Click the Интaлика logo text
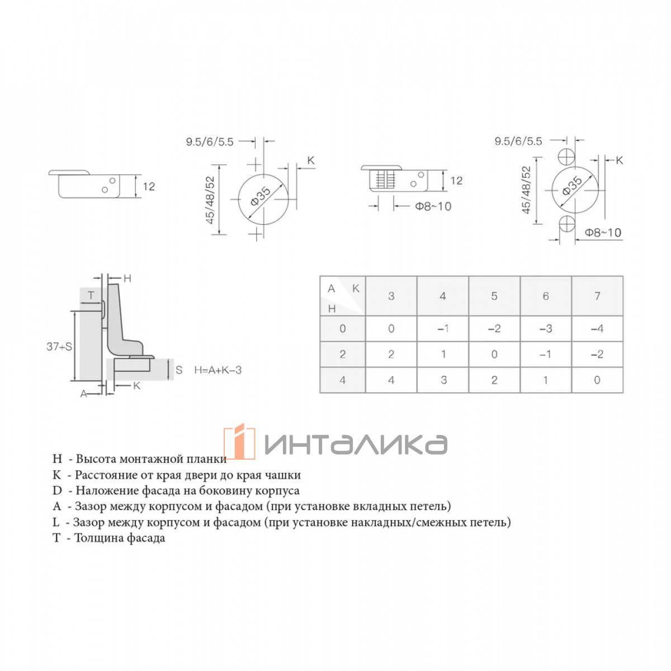[356, 443]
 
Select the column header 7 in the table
[597, 296]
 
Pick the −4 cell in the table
[597, 328]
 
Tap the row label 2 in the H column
[343, 354]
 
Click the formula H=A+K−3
[218, 370]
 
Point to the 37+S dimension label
[59, 347]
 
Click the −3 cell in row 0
[546, 328]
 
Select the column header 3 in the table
[391, 296]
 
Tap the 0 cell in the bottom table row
[597, 380]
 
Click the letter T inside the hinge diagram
[91, 296]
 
